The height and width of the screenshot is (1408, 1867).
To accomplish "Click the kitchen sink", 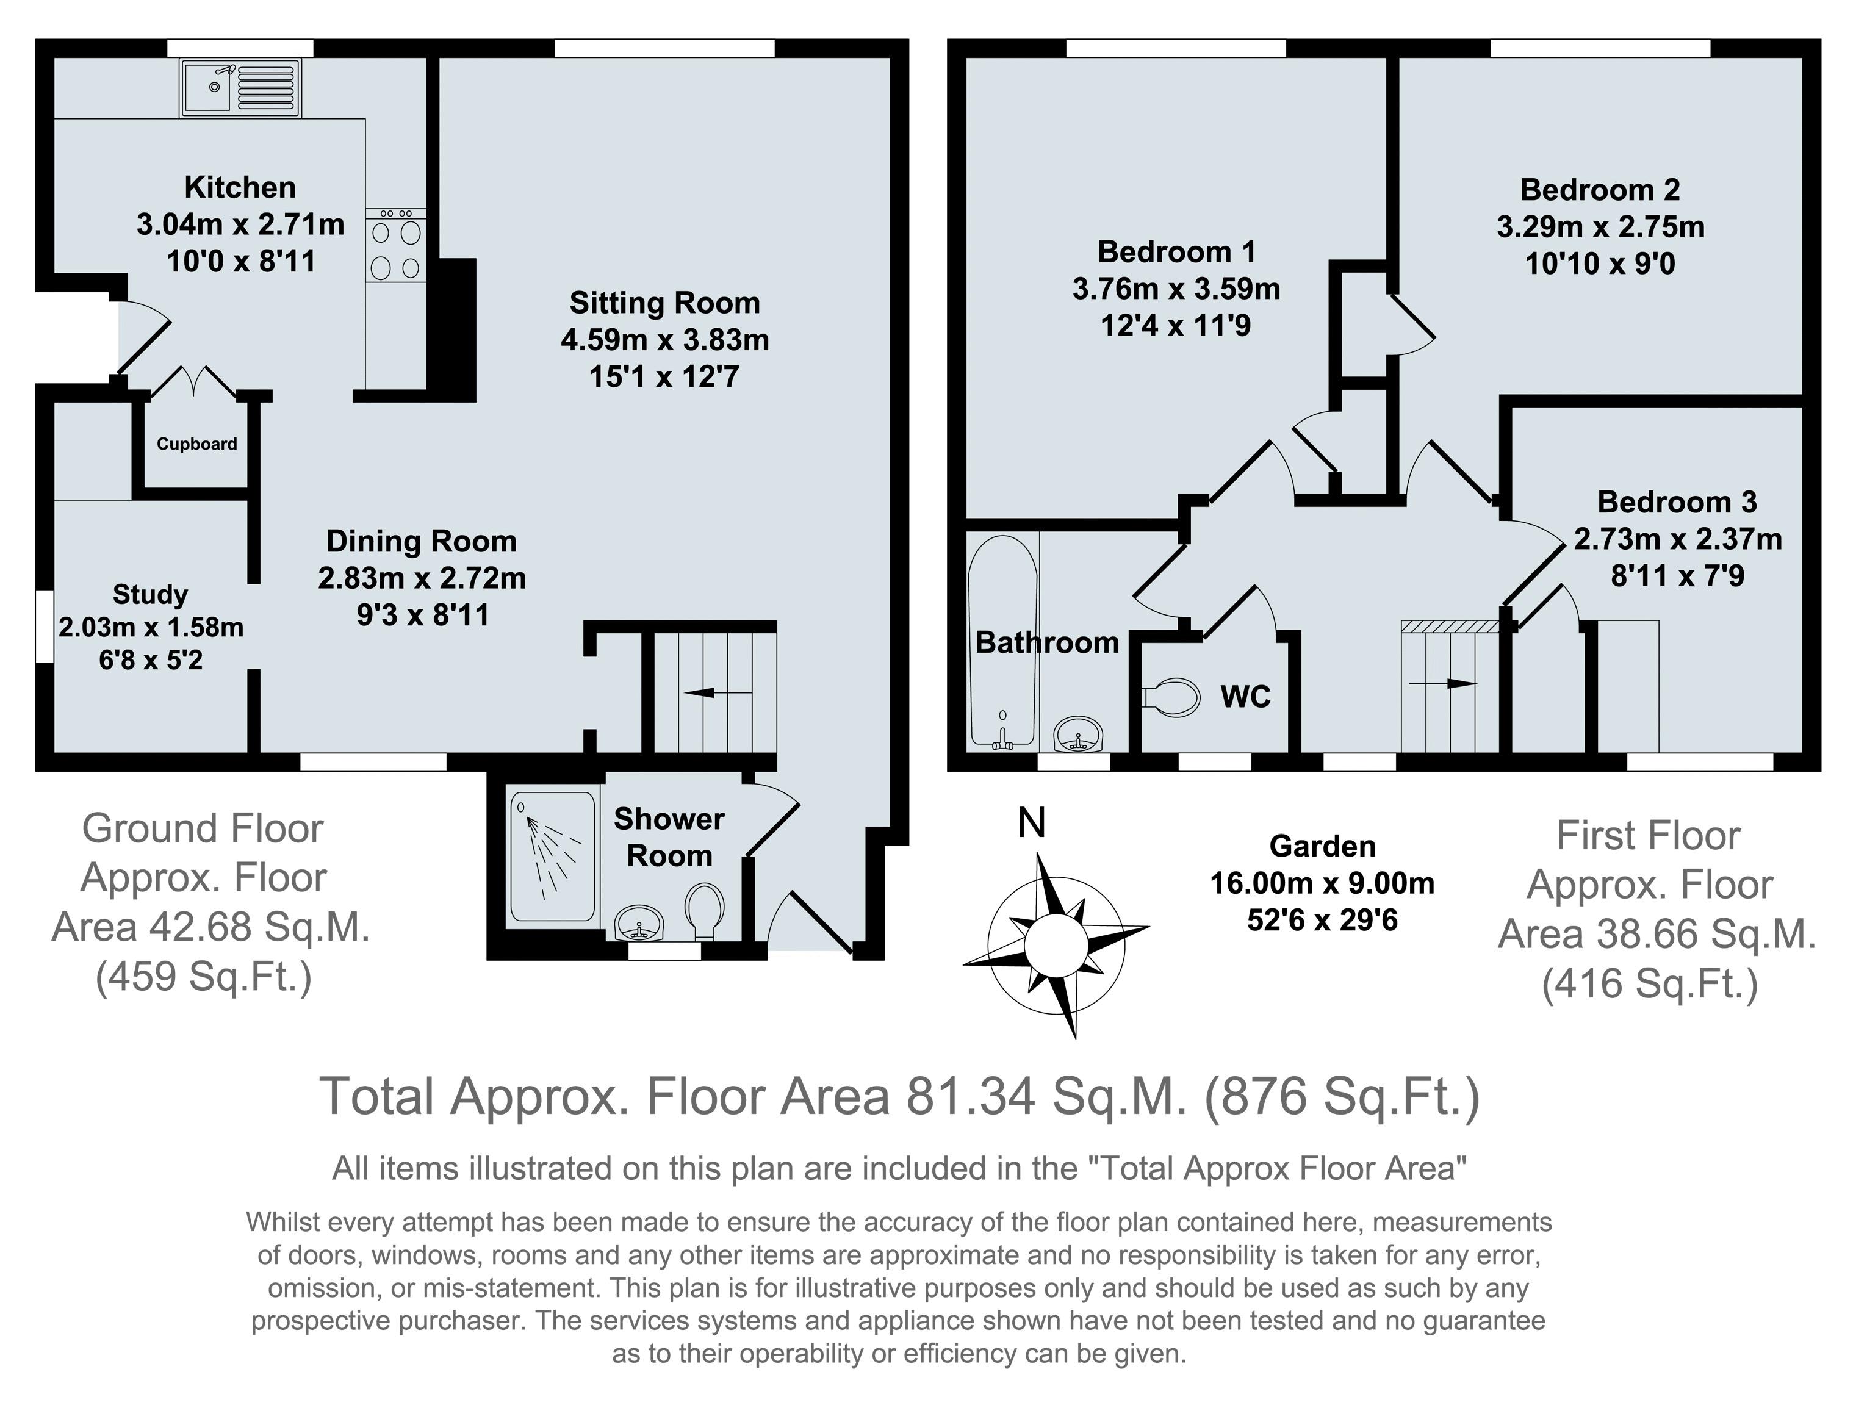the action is (240, 87).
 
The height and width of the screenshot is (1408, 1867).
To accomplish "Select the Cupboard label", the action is (196, 444).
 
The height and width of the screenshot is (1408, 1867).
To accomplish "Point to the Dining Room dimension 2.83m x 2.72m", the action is (422, 578).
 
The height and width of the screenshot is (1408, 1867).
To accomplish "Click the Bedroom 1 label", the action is (1176, 251).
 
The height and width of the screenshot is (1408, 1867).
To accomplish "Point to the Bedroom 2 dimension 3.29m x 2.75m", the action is (1600, 227).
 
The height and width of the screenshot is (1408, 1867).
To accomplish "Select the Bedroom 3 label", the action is (1677, 502).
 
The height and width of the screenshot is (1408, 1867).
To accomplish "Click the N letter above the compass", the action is (1031, 822).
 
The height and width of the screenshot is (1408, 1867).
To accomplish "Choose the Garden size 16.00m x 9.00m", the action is (1323, 883).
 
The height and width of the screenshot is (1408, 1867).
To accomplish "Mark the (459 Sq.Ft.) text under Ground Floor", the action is (204, 977).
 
